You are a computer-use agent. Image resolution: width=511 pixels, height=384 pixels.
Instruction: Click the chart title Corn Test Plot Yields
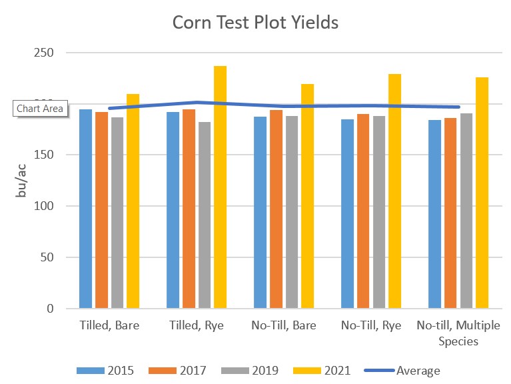tap(256, 22)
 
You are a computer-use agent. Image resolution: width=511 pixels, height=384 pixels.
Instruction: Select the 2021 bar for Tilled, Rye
tap(220, 187)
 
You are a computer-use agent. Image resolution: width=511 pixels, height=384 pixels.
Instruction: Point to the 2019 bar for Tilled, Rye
tap(204, 215)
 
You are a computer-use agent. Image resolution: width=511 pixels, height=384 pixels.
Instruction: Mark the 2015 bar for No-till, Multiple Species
tap(434, 214)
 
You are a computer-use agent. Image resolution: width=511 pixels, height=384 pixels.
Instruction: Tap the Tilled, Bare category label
tap(109, 326)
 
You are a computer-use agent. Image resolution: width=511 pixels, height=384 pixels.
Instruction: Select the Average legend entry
tap(402, 370)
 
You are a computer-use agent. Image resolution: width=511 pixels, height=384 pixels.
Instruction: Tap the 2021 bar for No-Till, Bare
tap(307, 196)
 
